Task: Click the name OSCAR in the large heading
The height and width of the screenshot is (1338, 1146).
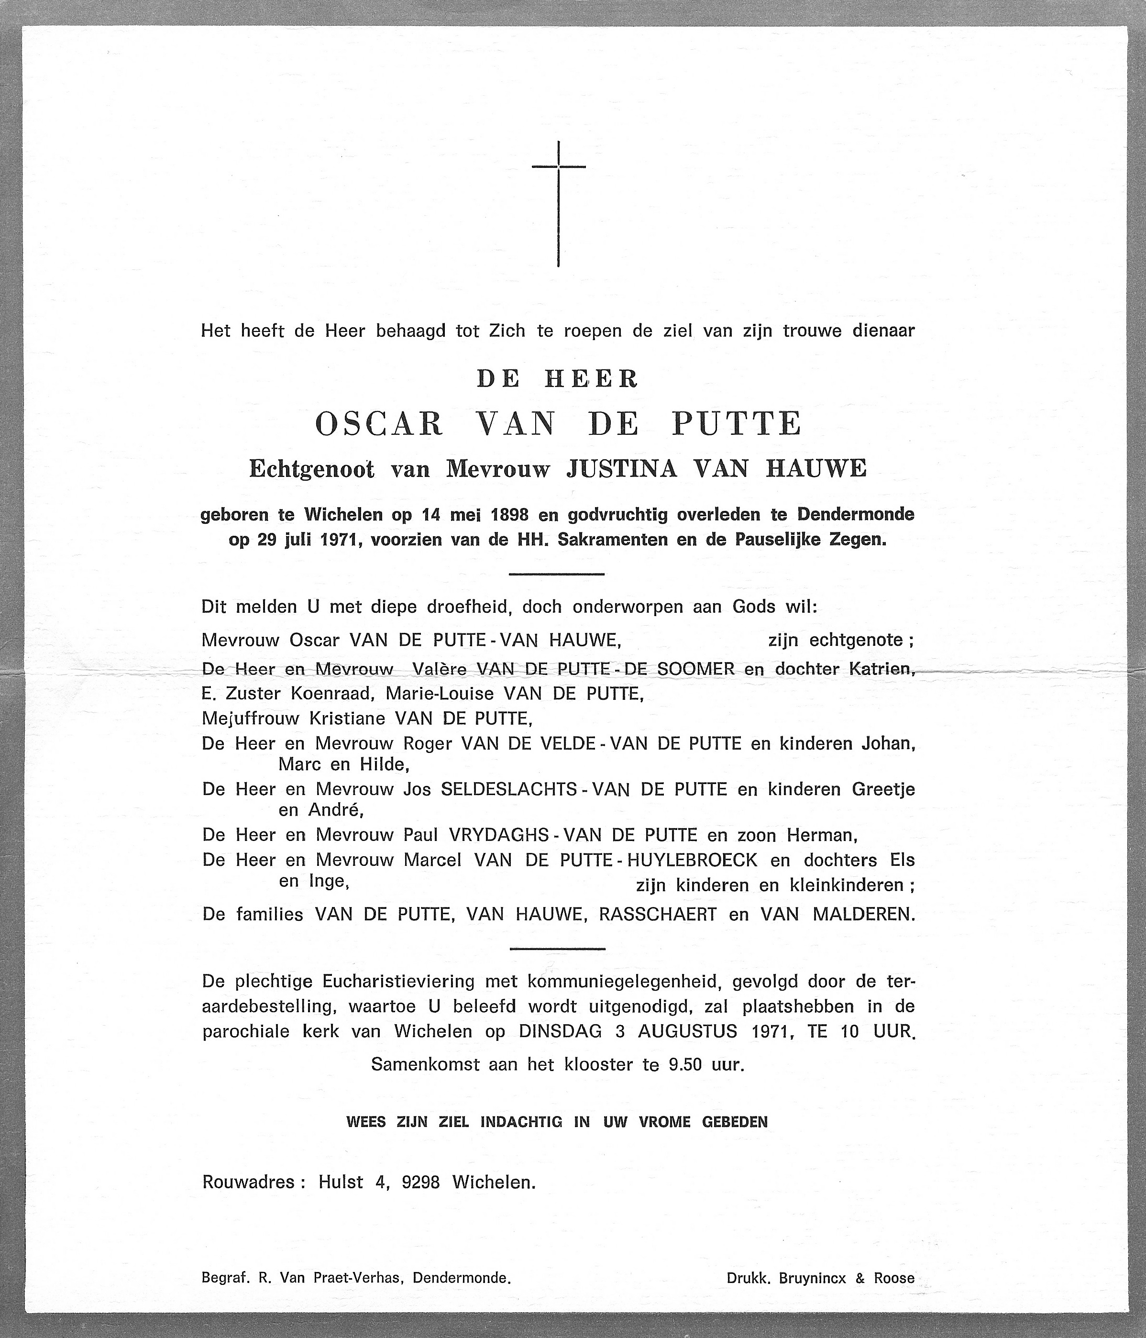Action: [379, 424]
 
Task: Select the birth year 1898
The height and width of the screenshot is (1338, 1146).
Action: [509, 515]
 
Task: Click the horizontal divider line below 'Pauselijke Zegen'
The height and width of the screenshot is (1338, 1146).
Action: [557, 574]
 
